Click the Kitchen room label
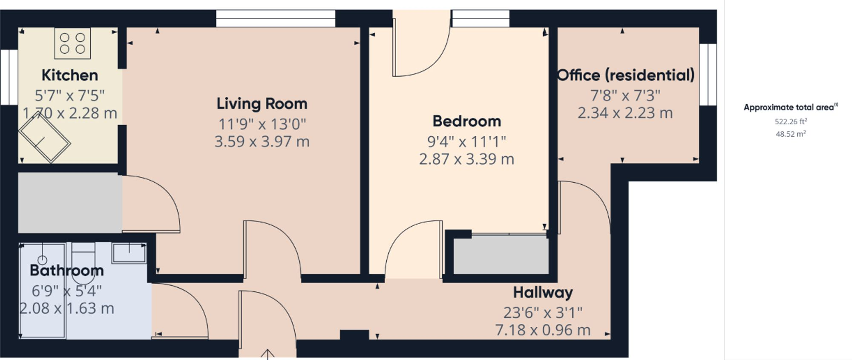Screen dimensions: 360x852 point(70,75)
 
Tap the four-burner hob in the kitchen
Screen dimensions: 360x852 point(72,43)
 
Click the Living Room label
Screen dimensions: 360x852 point(262,104)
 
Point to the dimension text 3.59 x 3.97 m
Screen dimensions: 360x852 point(262,141)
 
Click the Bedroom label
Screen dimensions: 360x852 point(466,121)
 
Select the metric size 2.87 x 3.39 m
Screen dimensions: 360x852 point(466,159)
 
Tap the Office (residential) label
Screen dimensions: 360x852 point(626,75)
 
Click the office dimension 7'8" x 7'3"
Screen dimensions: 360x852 point(625,95)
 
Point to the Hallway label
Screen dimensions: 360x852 point(543,293)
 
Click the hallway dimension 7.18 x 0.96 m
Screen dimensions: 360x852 point(543,330)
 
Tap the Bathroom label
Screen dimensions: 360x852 point(67,271)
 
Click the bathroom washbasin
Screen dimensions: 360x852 point(129,253)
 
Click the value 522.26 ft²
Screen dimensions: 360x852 point(791,121)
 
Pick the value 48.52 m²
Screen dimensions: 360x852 point(791,134)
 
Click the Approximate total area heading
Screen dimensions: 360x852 point(790,107)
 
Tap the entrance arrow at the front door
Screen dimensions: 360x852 point(267,354)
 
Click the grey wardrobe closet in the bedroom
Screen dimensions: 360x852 point(501,256)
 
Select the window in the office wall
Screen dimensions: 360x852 point(708,75)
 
